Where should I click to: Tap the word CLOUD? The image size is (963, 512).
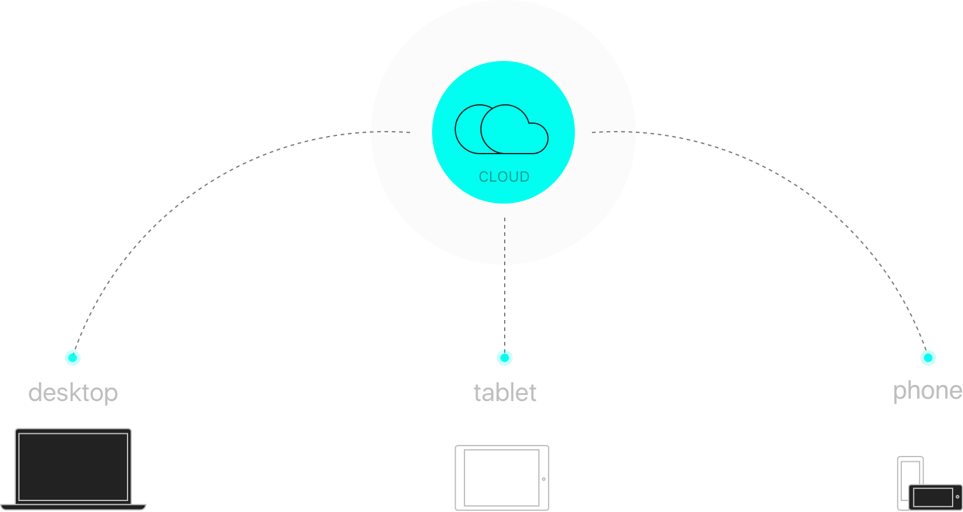(503, 177)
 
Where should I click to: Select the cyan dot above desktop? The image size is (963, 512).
(73, 358)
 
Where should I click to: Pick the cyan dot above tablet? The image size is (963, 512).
(505, 358)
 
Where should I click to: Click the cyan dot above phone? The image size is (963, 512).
(928, 358)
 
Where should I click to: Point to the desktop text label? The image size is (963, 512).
(73, 393)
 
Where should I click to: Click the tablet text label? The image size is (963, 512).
(505, 393)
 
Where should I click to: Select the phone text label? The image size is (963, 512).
(927, 391)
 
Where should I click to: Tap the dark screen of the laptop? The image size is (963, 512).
(73, 466)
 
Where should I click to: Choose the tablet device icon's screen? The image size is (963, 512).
(502, 478)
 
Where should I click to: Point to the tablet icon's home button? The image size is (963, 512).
(544, 479)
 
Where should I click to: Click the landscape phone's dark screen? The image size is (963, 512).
(932, 497)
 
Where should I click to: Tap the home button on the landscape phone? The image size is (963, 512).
(958, 497)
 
